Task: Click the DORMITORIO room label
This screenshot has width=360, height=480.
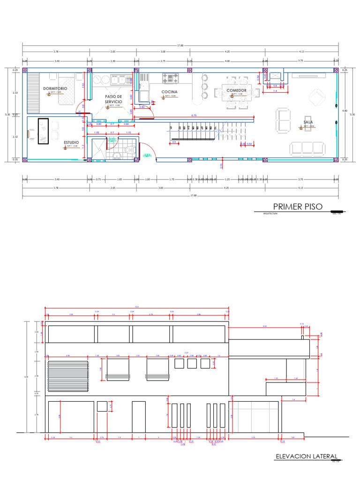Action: [55, 89]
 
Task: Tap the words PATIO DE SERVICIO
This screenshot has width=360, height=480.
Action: [113, 99]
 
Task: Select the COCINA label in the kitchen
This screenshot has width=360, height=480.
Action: [169, 92]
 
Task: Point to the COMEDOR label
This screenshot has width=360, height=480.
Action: [237, 90]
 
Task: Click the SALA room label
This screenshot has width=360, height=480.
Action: [308, 122]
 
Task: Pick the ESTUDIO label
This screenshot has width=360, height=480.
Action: [72, 142]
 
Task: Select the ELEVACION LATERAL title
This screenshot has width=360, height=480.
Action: [306, 456]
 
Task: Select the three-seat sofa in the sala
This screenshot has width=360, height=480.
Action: [307, 149]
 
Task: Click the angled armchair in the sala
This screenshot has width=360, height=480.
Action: [318, 97]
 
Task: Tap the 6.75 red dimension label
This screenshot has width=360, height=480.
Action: [194, 115]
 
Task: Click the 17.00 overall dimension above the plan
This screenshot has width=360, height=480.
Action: [180, 45]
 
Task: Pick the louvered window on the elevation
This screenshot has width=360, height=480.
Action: [68, 375]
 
